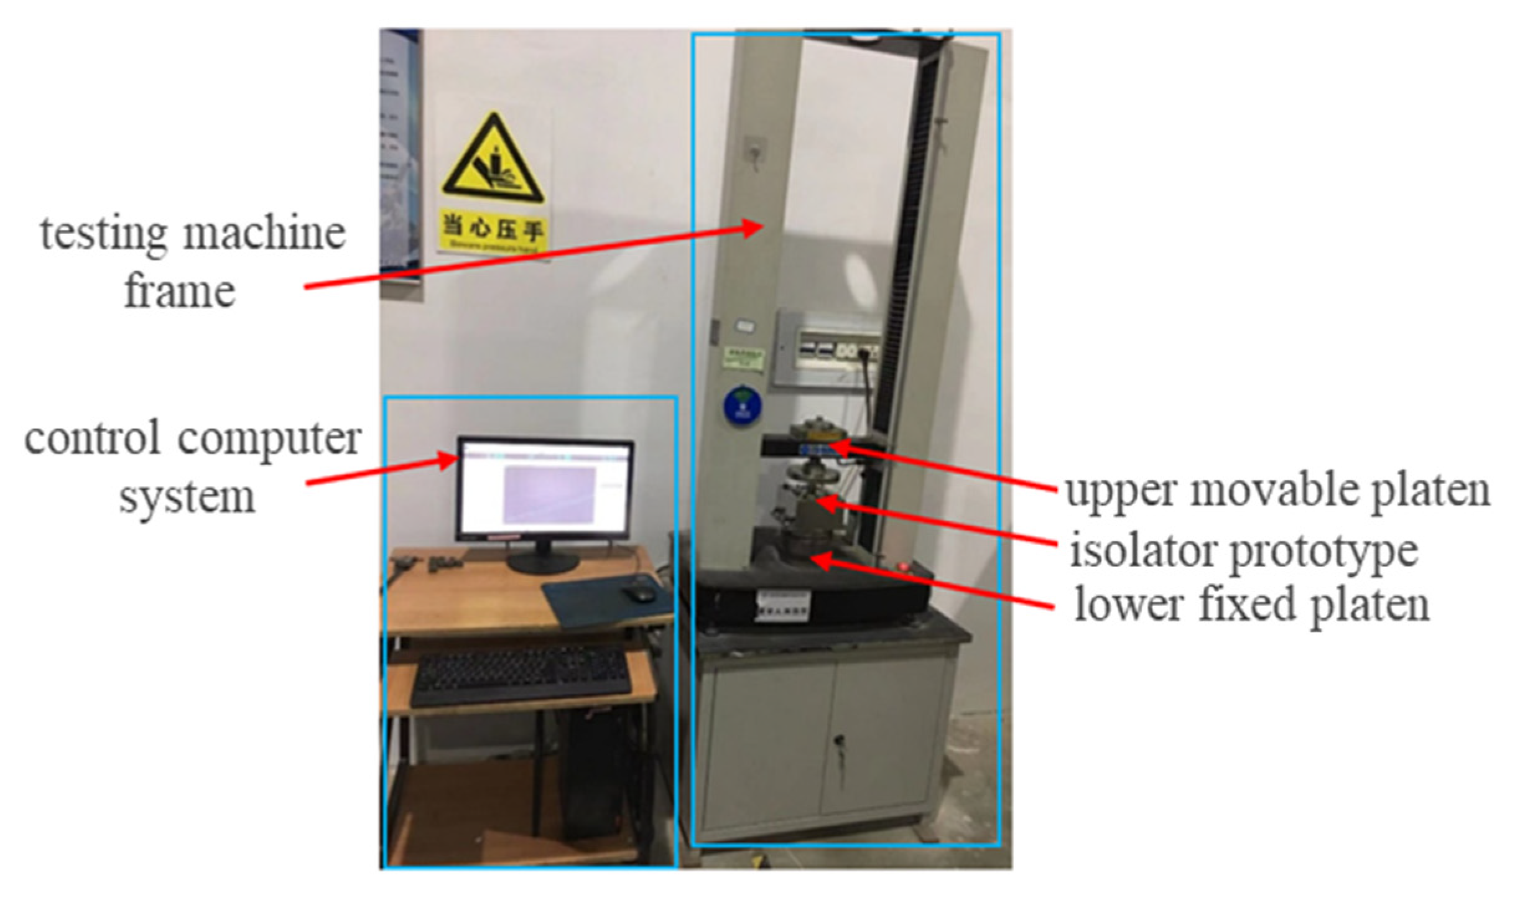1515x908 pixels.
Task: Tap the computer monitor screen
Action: [x=545, y=488]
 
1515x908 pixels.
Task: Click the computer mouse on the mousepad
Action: [x=639, y=593]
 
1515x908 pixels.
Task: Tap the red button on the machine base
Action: [x=903, y=567]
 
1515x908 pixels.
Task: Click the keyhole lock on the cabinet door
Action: [x=838, y=741]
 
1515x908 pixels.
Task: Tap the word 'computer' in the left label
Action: [x=269, y=440]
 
